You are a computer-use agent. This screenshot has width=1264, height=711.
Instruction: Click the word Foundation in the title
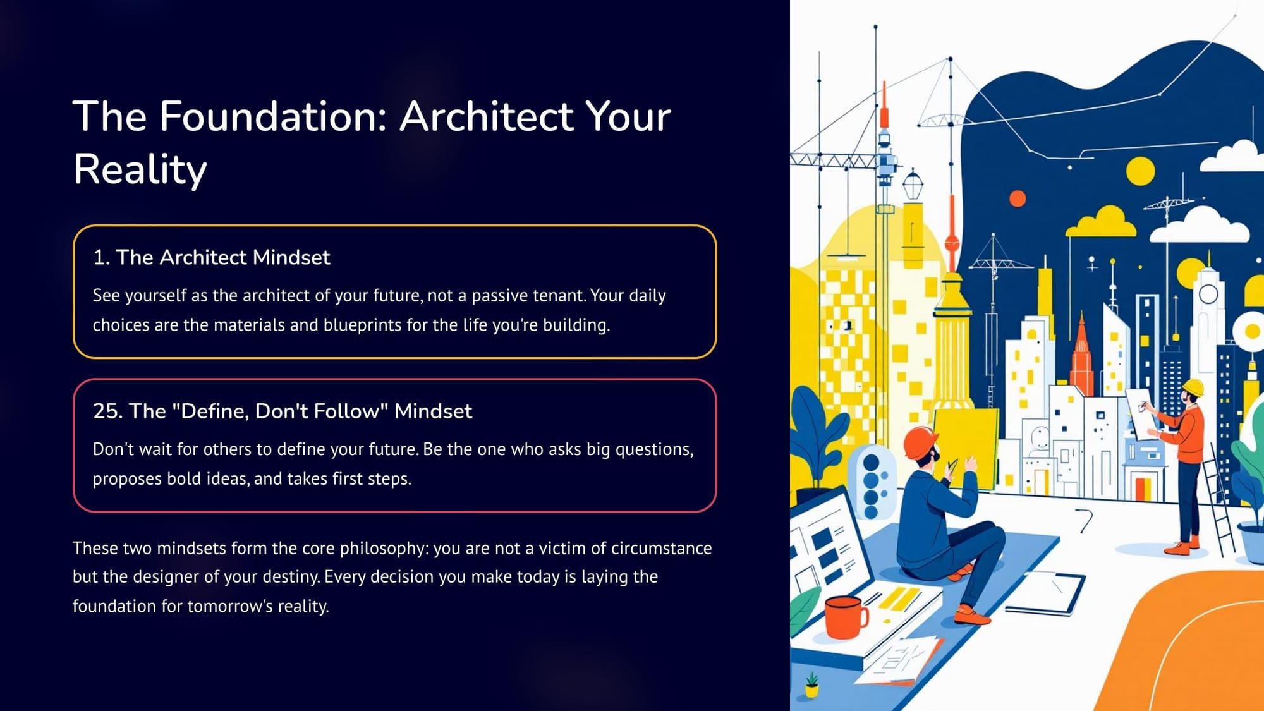(272, 116)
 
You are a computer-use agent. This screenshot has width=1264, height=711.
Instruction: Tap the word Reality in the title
(140, 170)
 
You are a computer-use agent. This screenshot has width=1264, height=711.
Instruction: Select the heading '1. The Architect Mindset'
(211, 257)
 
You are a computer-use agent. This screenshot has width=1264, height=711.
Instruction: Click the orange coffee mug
(846, 617)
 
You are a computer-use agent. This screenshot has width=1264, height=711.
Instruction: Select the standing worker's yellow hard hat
(1193, 387)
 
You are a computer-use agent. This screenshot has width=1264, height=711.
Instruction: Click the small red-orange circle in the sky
(1018, 198)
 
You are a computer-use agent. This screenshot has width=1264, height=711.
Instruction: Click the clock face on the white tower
(1208, 294)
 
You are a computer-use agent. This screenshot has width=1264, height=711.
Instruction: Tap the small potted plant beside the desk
(812, 686)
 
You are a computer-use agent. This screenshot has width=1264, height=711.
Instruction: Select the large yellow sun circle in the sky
(1141, 171)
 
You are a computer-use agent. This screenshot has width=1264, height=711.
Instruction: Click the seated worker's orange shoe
(973, 615)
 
